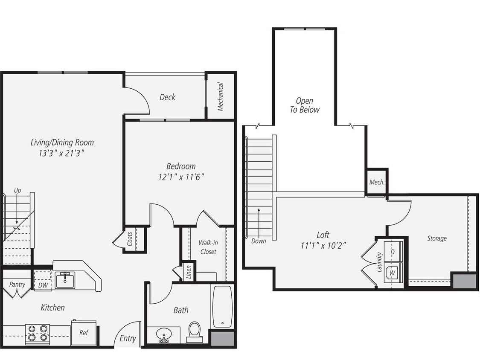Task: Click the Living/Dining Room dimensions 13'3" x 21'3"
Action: [x=62, y=153]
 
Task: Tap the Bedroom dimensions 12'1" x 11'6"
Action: [x=181, y=177]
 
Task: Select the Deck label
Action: [x=167, y=97]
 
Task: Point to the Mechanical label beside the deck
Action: [x=221, y=96]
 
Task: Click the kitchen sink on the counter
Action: [x=65, y=278]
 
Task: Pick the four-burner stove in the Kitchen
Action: [x=37, y=334]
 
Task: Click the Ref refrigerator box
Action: [x=84, y=332]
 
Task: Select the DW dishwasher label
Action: [x=43, y=285]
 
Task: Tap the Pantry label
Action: [x=17, y=285]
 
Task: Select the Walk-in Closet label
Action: [x=208, y=247]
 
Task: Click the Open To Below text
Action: [x=305, y=105]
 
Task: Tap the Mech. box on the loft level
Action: [x=377, y=182]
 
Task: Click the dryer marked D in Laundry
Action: [x=393, y=252]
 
